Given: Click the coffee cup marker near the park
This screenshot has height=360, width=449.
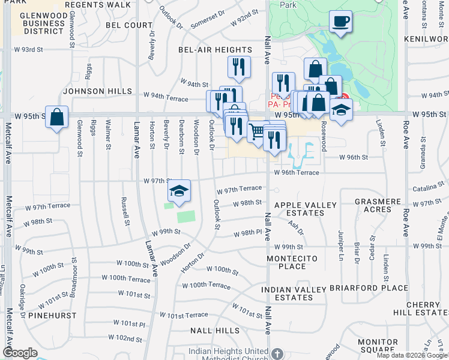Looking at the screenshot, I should (340, 22).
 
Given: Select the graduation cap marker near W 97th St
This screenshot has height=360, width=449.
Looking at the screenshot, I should (178, 191).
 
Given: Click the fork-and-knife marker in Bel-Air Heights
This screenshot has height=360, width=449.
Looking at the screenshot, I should (239, 67).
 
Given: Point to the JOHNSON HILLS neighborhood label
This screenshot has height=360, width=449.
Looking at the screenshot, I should (97, 91).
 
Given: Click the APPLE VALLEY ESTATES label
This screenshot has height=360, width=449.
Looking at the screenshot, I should (306, 209).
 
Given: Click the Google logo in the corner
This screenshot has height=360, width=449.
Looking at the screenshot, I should (20, 353).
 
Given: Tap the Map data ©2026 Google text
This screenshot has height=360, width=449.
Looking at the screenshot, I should (412, 355).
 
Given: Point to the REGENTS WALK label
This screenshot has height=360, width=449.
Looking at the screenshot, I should (97, 5).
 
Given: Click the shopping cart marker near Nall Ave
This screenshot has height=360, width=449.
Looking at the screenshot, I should (257, 130).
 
